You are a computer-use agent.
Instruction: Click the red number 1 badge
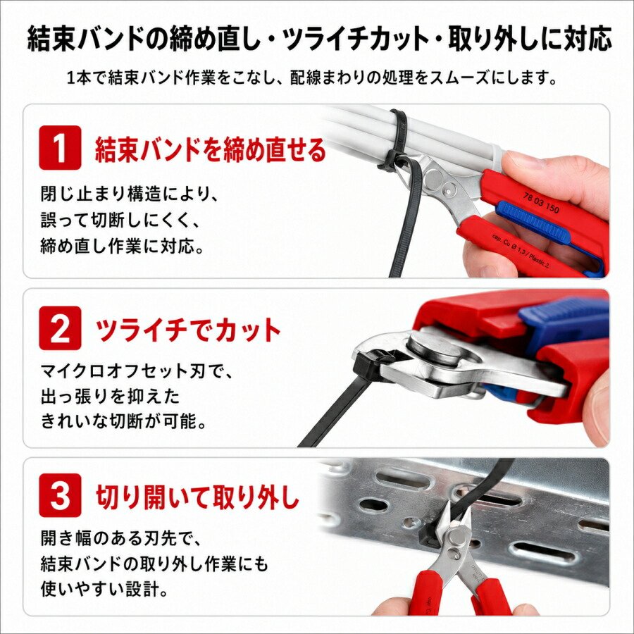click(x=61, y=148)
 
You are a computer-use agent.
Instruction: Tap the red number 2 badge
click(x=61, y=328)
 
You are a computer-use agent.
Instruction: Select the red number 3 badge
click(x=61, y=495)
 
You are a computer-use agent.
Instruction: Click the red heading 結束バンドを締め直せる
click(x=210, y=149)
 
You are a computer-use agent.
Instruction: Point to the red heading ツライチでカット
click(x=188, y=330)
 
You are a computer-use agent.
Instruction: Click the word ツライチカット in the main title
click(x=354, y=39)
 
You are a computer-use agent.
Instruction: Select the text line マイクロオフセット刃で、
click(x=137, y=371)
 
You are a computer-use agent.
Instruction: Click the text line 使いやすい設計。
click(x=105, y=589)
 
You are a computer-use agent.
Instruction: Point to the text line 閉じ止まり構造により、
click(x=130, y=194)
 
